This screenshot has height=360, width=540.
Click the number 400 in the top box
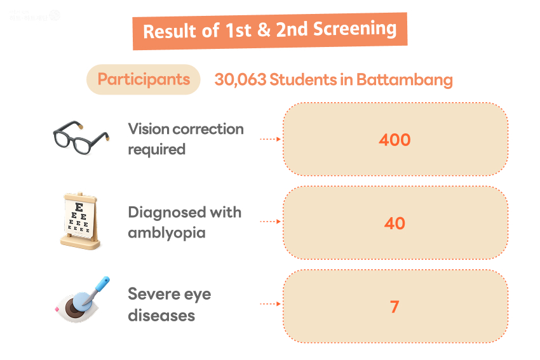[395, 139]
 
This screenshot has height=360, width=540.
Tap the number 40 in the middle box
[395, 223]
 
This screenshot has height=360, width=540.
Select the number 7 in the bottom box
[395, 307]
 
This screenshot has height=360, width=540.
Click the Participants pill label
[144, 79]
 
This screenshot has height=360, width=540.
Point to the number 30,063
[240, 80]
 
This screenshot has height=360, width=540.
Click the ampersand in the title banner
[264, 30]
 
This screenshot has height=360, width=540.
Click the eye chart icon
[80, 221]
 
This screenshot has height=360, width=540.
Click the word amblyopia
[166, 232]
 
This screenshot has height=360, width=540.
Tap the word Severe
[152, 294]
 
